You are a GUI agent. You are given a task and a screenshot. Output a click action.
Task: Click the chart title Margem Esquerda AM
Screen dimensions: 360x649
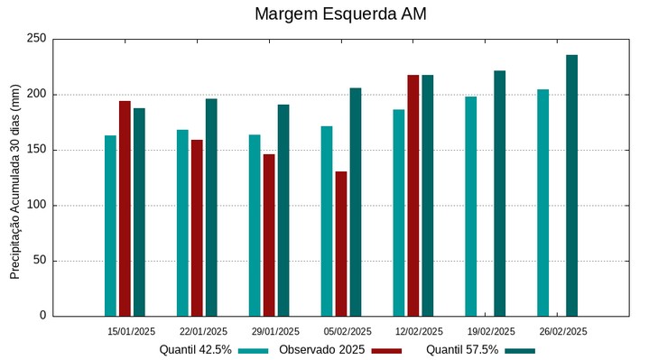pyautogui.click(x=340, y=14)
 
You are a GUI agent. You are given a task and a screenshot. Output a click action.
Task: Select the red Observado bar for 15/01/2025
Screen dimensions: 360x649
pyautogui.click(x=125, y=208)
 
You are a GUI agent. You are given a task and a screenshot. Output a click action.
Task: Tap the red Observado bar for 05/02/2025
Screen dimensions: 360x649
pyautogui.click(x=341, y=244)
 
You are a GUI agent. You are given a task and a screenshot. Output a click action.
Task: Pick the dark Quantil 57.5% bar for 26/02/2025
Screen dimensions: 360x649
pyautogui.click(x=571, y=185)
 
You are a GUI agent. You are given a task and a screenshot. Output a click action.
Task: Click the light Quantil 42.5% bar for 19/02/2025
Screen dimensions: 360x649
pyautogui.click(x=471, y=206)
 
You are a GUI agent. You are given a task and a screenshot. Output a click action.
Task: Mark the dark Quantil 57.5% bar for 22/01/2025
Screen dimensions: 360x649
pyautogui.click(x=211, y=207)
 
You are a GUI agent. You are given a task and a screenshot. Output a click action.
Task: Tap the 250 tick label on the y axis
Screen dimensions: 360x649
pyautogui.click(x=36, y=39)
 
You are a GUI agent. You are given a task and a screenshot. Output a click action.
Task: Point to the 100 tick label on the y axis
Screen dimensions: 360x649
pyautogui.click(x=36, y=206)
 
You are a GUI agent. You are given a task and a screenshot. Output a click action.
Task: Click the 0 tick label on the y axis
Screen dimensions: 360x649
pyautogui.click(x=42, y=316)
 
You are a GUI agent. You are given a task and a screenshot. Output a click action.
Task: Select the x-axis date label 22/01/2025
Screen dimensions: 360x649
pyautogui.click(x=203, y=331)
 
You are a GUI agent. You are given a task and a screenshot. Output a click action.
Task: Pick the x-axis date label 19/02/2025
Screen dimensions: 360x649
pyautogui.click(x=491, y=331)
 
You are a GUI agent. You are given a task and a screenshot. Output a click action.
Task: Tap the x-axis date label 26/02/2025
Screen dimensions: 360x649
pyautogui.click(x=563, y=331)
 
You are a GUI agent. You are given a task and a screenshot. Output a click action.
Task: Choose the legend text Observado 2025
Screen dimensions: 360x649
pyautogui.click(x=321, y=350)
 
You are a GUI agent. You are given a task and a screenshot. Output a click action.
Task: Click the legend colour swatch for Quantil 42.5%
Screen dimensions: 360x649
pyautogui.click(x=254, y=351)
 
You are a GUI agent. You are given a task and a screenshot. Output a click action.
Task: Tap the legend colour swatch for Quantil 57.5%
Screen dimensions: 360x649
pyautogui.click(x=520, y=351)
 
